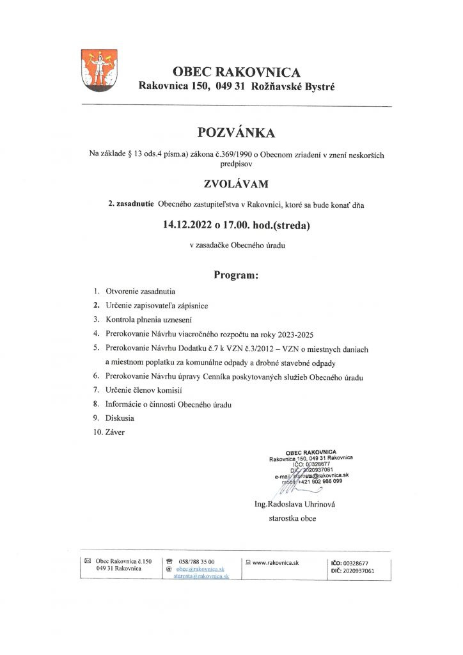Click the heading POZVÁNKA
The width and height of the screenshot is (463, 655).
click(x=236, y=133)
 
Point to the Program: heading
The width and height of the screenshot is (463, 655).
click(x=235, y=276)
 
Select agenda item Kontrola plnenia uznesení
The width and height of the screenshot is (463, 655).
click(x=148, y=319)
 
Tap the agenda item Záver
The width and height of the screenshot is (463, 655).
click(x=115, y=432)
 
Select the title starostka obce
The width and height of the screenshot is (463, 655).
click(x=292, y=519)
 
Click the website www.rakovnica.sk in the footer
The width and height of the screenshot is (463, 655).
click(x=276, y=562)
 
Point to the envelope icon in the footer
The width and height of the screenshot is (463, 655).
click(x=88, y=561)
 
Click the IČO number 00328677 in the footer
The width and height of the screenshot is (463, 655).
click(x=356, y=562)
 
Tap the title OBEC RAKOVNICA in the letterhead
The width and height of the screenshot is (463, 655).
click(x=236, y=72)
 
